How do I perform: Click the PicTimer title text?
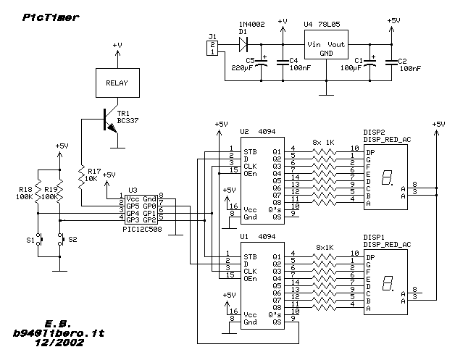51,17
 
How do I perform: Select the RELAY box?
117,83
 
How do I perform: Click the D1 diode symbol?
243,45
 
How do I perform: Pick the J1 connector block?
212,48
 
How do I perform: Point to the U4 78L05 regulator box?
326,44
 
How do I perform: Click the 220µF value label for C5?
242,68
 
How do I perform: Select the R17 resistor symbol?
81,177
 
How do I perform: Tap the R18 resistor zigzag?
38,192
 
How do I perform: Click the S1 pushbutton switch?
39,239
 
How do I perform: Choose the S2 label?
72,240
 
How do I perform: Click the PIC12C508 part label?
142,230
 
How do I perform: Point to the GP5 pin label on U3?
133,206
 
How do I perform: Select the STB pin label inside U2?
250,152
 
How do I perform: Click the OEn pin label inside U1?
250,279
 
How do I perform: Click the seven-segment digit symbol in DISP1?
388,283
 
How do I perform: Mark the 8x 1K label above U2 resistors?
324,143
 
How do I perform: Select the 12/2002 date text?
59,343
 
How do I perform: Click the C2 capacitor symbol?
392,62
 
